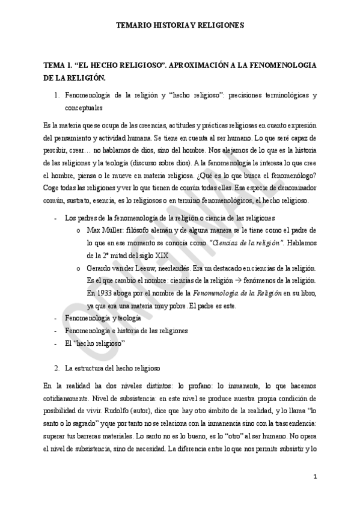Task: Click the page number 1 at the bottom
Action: point(315,477)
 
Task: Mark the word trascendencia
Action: point(290,423)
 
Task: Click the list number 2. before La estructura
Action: point(57,367)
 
